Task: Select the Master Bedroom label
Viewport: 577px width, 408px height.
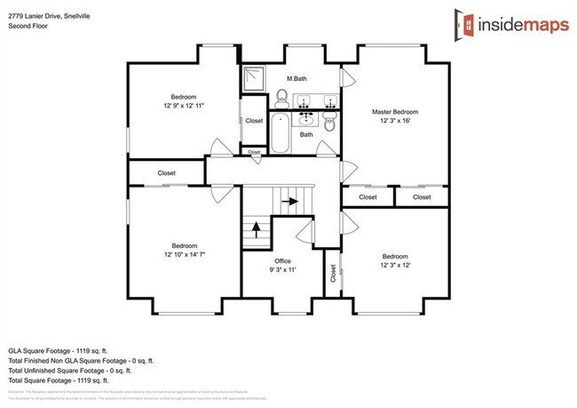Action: tap(394, 112)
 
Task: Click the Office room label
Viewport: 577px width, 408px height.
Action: tap(282, 260)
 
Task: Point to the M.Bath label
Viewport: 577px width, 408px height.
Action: tap(296, 77)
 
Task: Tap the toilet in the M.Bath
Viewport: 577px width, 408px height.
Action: tap(281, 96)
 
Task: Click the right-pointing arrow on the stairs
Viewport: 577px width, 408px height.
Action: tap(289, 202)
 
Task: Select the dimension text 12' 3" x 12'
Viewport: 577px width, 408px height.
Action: tap(395, 264)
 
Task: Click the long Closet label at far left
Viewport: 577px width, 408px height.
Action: tap(166, 172)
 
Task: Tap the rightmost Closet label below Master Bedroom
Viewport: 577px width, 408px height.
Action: tap(422, 196)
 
